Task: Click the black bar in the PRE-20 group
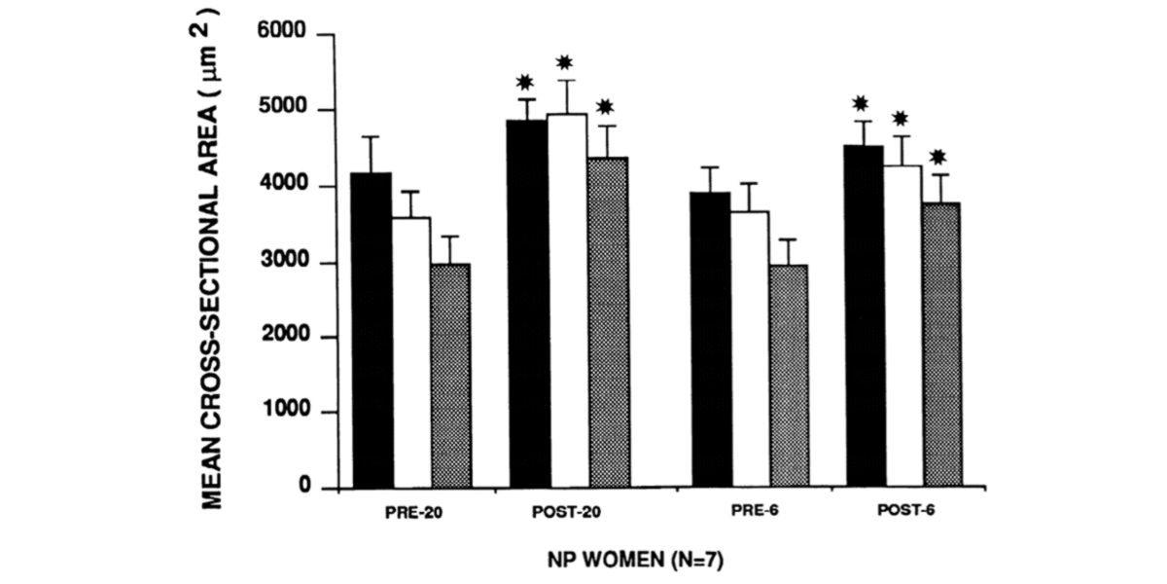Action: pyautogui.click(x=373, y=331)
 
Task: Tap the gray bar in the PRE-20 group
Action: pyautogui.click(x=449, y=376)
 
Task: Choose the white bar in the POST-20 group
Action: pyautogui.click(x=568, y=301)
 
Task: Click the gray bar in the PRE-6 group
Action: pyautogui.click(x=787, y=376)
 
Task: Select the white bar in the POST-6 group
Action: pyautogui.click(x=903, y=327)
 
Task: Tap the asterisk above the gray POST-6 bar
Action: pyautogui.click(x=938, y=157)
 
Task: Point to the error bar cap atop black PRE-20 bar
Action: pyautogui.click(x=373, y=137)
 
